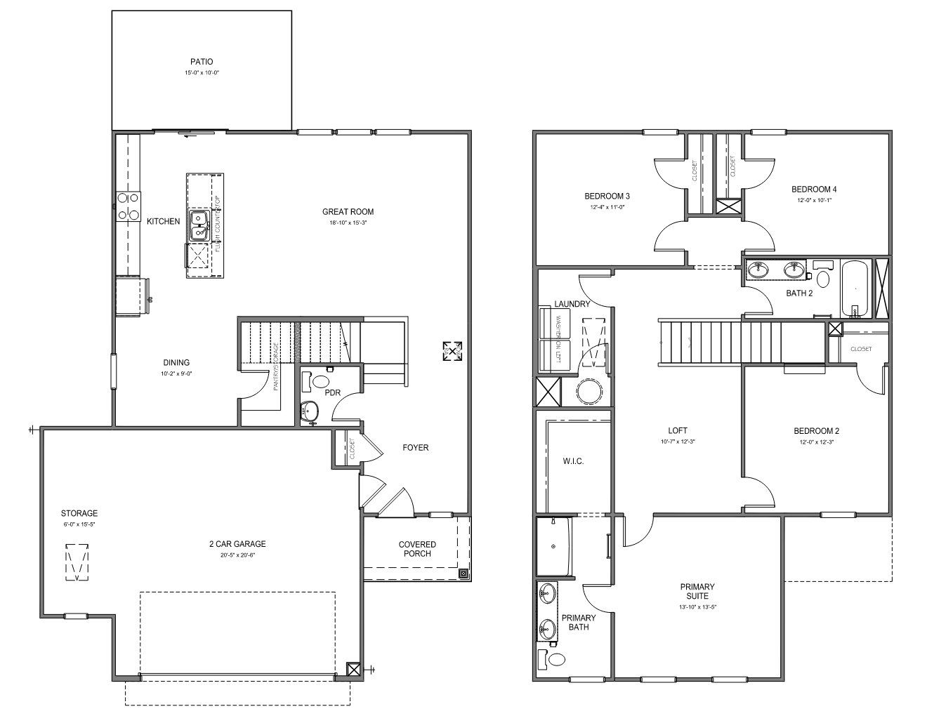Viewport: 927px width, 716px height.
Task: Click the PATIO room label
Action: (x=201, y=62)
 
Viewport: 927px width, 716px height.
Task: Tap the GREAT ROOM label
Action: (x=348, y=211)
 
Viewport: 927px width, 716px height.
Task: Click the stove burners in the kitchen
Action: (x=127, y=208)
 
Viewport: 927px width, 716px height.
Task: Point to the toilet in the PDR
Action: (x=321, y=382)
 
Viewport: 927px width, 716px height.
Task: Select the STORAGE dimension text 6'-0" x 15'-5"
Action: (x=79, y=524)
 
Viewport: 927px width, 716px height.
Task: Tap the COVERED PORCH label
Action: (x=417, y=549)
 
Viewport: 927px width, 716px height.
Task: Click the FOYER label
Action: (x=415, y=447)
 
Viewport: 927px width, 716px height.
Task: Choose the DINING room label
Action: (x=176, y=363)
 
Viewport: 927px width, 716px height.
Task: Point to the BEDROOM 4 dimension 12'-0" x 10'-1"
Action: (x=814, y=199)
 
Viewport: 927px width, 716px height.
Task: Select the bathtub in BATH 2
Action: (x=854, y=289)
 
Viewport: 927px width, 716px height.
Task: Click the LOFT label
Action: (x=678, y=430)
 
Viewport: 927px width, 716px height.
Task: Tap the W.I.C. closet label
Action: (x=573, y=461)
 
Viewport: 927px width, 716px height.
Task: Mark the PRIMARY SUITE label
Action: (x=697, y=591)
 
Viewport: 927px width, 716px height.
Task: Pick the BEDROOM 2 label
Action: (x=816, y=431)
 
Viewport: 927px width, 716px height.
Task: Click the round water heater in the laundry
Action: (x=586, y=391)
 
